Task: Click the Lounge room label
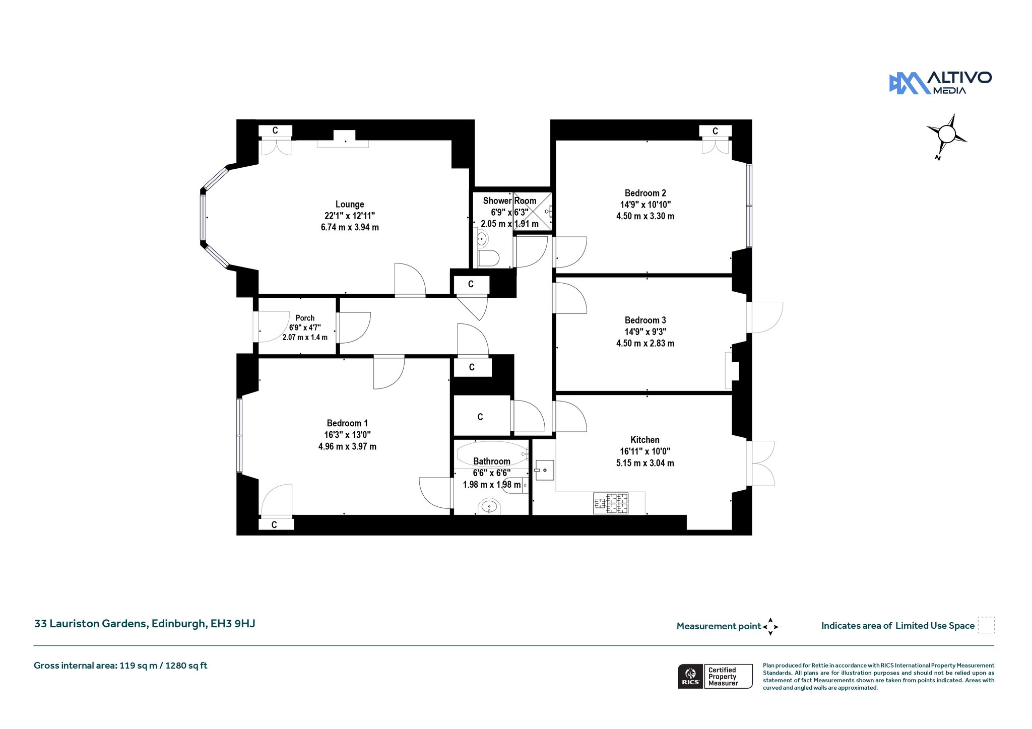coord(350,205)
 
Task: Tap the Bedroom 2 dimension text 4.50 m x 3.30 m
coord(645,216)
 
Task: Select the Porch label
coord(305,318)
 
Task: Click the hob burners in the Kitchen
coord(611,503)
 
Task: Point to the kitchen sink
coord(545,470)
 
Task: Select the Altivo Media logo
coord(940,83)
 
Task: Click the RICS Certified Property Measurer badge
coord(715,676)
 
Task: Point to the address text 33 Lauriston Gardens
coord(91,624)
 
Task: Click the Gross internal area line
coord(120,666)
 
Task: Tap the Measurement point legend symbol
coord(770,627)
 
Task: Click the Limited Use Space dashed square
coord(986,625)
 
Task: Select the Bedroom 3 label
coord(645,320)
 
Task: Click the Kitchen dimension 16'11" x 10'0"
coord(645,451)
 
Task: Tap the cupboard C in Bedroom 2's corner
coord(715,131)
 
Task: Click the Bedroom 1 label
coord(347,423)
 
